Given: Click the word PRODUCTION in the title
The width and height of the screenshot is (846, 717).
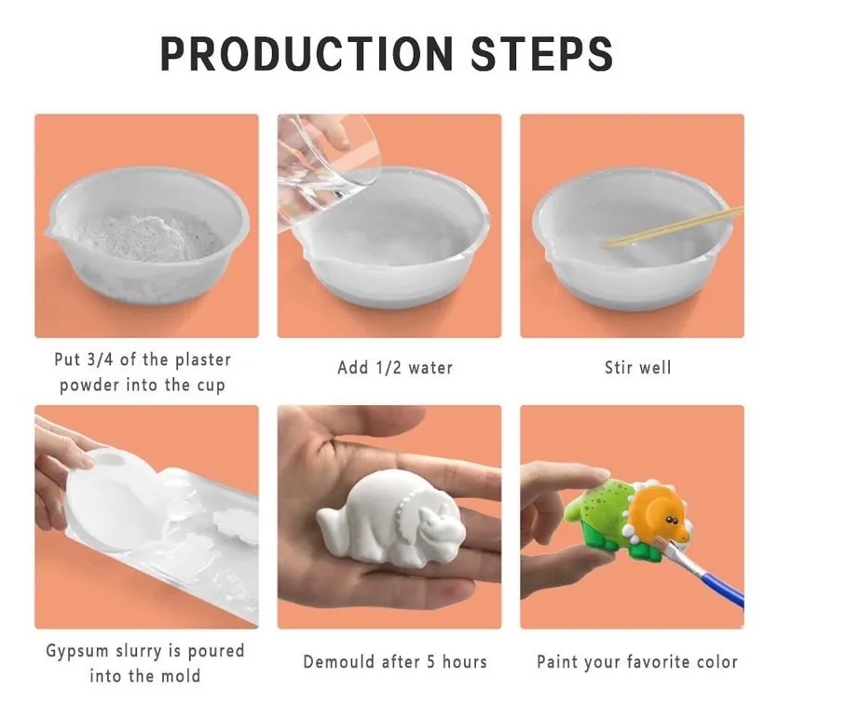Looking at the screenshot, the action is pyautogui.click(x=307, y=54).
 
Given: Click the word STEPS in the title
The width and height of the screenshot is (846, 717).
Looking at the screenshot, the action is pyautogui.click(x=542, y=54).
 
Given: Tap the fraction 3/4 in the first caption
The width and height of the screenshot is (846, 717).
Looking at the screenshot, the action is pyautogui.click(x=100, y=359).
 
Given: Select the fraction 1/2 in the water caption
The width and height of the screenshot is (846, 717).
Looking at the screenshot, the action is pyautogui.click(x=388, y=368).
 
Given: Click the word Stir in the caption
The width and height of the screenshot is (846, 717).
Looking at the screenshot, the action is pyautogui.click(x=619, y=368).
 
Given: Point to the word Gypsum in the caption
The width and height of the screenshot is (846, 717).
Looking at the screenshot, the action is pyautogui.click(x=77, y=651).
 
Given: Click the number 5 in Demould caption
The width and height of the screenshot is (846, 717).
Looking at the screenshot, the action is pyautogui.click(x=431, y=661).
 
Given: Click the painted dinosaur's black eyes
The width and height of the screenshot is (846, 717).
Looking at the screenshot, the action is pyautogui.click(x=671, y=520).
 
